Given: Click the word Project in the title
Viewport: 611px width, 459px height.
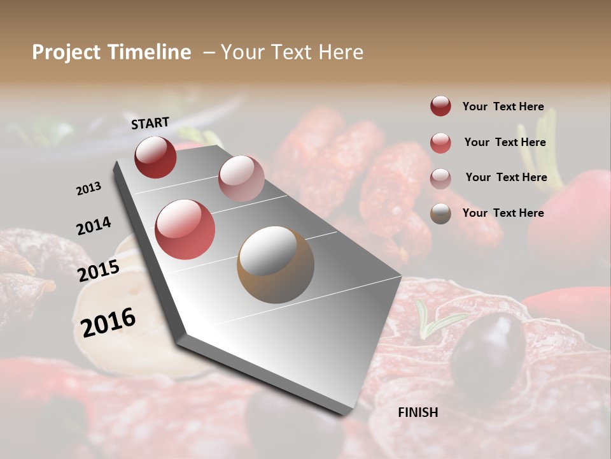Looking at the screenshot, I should click(x=66, y=52).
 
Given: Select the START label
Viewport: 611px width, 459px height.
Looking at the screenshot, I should click(x=150, y=123).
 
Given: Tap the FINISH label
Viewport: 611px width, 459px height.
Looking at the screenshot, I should click(x=418, y=412).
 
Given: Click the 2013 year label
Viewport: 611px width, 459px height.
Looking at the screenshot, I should click(x=88, y=189).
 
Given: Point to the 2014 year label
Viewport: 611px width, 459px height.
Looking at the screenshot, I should click(x=94, y=226).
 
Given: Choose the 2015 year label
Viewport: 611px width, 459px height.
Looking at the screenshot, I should click(x=99, y=270).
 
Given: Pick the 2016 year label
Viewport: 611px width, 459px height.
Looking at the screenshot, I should click(x=108, y=322).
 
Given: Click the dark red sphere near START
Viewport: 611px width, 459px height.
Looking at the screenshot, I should click(x=155, y=157).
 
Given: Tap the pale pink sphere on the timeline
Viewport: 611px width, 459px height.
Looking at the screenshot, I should click(x=241, y=178).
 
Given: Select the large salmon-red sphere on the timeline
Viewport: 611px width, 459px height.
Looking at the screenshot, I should click(x=185, y=229).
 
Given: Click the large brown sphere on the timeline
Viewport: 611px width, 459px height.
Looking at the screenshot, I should click(x=276, y=265).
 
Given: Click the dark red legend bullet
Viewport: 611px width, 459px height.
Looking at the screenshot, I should click(x=440, y=106).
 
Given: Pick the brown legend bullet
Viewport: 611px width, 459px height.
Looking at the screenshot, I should click(x=440, y=214).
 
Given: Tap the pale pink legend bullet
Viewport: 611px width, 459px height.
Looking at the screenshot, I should click(x=440, y=178).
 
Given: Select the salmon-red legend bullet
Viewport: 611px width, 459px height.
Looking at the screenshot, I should click(x=440, y=143).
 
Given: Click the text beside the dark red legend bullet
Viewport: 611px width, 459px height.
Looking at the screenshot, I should click(x=503, y=106).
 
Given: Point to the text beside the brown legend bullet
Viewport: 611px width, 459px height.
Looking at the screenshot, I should click(x=503, y=213).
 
